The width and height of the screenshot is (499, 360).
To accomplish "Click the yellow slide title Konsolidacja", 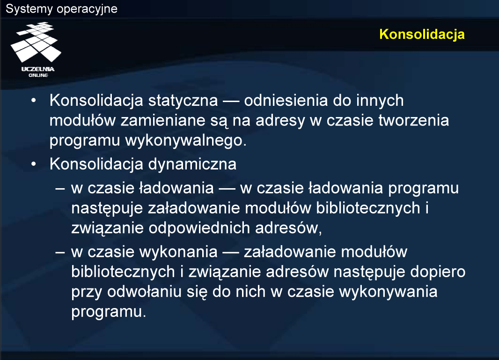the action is (x=422, y=34).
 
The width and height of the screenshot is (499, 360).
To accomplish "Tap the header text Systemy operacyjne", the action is (x=61, y=8).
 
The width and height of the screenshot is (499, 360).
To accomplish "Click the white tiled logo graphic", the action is (x=36, y=42).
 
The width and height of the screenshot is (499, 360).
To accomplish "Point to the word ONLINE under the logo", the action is (x=38, y=75).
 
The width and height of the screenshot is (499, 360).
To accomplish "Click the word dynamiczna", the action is (x=192, y=165).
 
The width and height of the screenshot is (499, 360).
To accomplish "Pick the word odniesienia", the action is (x=286, y=100).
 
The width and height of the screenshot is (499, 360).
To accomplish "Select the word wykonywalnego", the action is (x=186, y=141).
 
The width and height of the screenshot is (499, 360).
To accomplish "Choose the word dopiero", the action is (x=438, y=272).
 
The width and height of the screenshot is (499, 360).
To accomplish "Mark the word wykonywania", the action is (x=388, y=292).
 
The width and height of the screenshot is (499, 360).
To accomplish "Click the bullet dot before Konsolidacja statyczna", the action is (x=34, y=101).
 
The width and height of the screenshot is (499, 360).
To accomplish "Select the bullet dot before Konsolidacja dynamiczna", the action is (x=34, y=165).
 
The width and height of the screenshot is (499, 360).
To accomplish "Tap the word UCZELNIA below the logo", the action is (x=38, y=69).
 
